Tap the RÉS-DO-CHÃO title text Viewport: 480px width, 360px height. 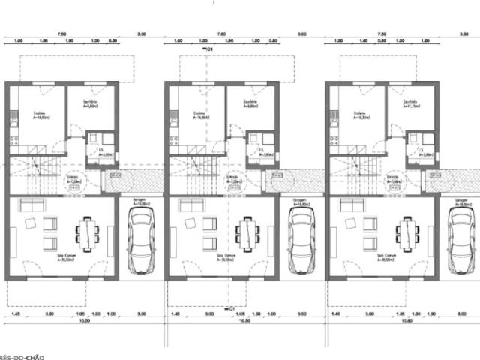point(22,357)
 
